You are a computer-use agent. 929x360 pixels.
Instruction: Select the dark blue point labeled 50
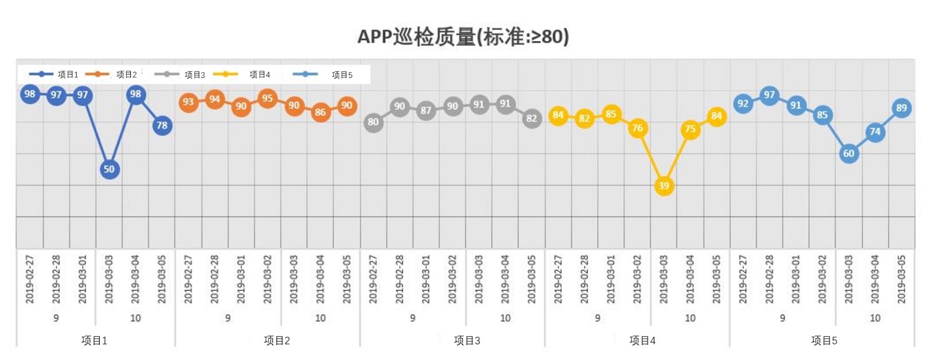[109, 169]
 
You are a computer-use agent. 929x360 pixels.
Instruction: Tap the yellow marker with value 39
[664, 186]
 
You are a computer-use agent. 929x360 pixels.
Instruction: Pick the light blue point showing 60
[849, 153]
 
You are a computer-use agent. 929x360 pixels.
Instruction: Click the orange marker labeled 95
[268, 98]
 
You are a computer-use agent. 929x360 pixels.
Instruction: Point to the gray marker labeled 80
[373, 122]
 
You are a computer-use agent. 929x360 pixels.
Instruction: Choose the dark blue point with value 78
[162, 125]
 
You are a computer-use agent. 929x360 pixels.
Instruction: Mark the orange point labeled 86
[320, 112]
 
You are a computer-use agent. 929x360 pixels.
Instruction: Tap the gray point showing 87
[426, 111]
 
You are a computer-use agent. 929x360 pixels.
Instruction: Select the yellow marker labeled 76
[638, 128]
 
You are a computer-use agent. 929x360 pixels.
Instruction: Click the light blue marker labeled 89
[901, 108]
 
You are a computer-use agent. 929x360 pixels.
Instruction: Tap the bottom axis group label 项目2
[277, 341]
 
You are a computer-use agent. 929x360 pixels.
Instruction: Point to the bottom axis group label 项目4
[643, 341]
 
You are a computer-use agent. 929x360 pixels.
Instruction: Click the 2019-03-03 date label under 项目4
[664, 279]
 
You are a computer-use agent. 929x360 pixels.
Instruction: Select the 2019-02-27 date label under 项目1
[30, 279]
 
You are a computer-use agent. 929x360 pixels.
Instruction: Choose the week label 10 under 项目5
[875, 318]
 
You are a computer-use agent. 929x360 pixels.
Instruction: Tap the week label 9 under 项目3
[412, 318]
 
